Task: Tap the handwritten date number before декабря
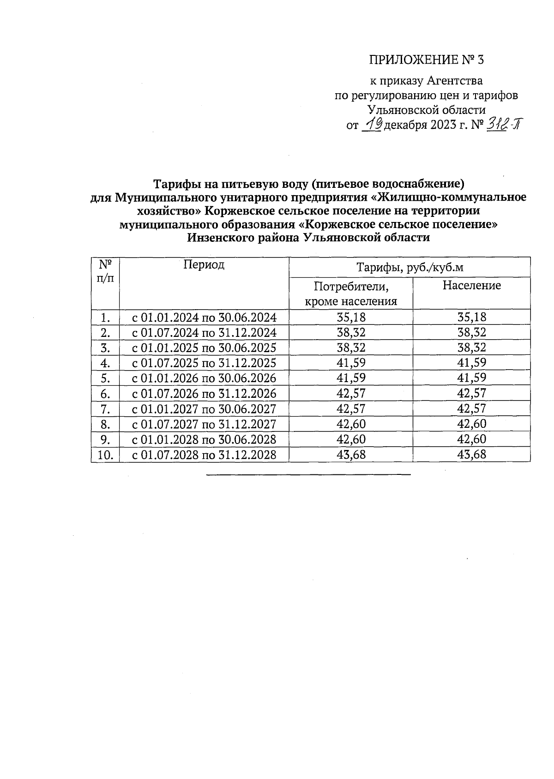point(373,124)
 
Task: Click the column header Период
point(204,264)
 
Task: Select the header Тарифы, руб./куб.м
point(409,268)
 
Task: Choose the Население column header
point(471,285)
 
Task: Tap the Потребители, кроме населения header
point(350,294)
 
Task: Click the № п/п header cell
point(105,271)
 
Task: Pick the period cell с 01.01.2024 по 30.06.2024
point(204,318)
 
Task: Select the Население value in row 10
point(471,455)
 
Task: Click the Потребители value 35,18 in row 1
point(351,318)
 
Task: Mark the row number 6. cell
point(105,394)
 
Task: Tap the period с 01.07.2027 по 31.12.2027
point(204,424)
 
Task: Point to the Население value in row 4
point(471,363)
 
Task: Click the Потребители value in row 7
point(351,409)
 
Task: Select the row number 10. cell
point(105,455)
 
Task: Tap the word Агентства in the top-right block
point(454,81)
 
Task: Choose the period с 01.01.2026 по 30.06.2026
point(204,378)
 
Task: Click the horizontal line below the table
point(308,474)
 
